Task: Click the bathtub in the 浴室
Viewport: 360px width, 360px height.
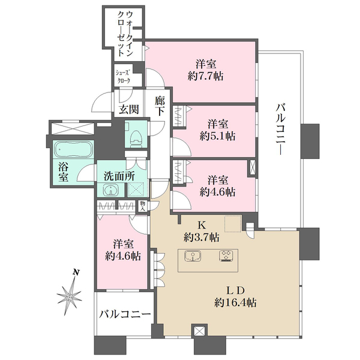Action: pyautogui.click(x=71, y=149)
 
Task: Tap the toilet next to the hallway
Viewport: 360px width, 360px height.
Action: pyautogui.click(x=135, y=136)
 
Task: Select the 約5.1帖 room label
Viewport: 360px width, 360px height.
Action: pyautogui.click(x=218, y=136)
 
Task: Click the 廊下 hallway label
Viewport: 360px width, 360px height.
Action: pyautogui.click(x=160, y=106)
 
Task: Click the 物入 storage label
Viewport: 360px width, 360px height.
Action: pyautogui.click(x=142, y=206)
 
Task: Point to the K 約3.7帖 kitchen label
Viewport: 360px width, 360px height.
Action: pyautogui.click(x=202, y=231)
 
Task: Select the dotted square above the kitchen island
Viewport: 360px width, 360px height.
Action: pyautogui.click(x=233, y=223)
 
